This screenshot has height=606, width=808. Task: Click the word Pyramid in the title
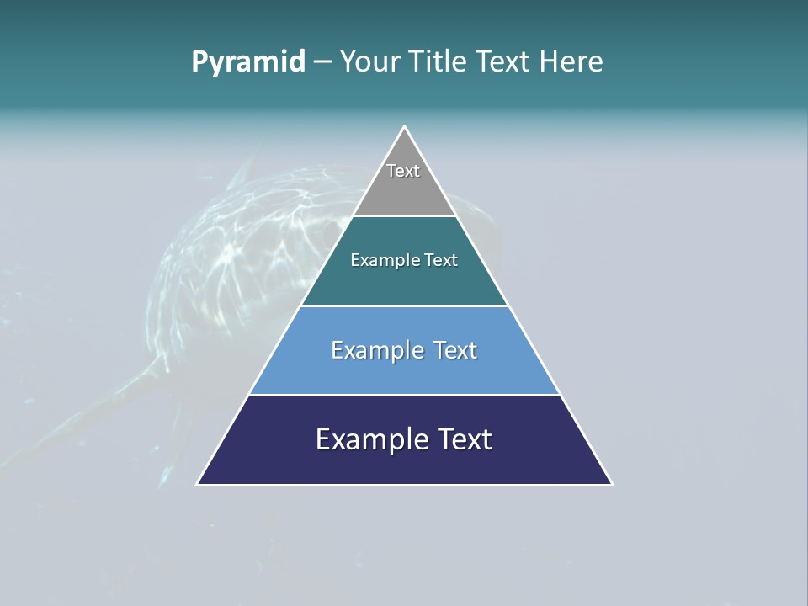point(248,62)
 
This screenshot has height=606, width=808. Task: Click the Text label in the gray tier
point(403,171)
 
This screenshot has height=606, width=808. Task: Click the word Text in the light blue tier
point(455,351)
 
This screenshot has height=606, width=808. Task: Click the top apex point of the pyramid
point(405,127)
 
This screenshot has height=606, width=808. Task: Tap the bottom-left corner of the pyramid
point(198,484)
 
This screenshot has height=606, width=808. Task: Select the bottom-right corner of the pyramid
point(612,484)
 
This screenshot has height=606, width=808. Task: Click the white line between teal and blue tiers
point(405,306)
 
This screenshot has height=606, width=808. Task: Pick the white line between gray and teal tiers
point(405,215)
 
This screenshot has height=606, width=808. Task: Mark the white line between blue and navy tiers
point(405,395)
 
